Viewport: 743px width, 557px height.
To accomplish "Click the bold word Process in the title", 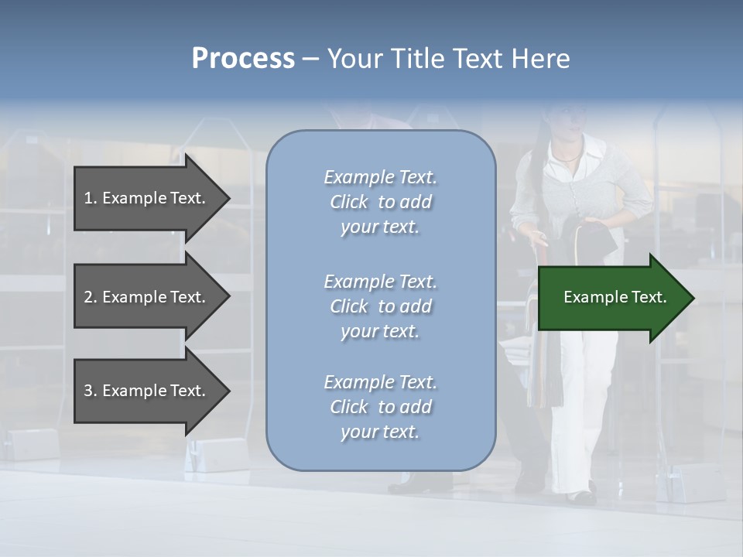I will click(x=243, y=59).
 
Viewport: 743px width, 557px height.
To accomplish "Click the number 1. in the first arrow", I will click(x=91, y=198).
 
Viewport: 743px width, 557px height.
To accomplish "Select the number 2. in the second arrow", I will click(x=91, y=297).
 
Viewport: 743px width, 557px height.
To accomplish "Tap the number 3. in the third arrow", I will click(x=91, y=391).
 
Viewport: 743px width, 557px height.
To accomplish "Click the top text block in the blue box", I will click(x=380, y=202).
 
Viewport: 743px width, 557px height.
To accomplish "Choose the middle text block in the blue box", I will click(x=380, y=306).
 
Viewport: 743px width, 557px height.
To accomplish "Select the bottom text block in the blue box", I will click(x=380, y=407).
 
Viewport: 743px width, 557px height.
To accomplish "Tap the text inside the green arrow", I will click(x=615, y=297).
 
